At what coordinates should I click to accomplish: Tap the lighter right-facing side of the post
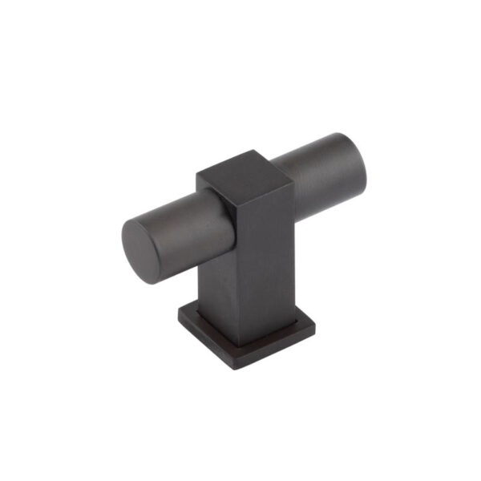point(261,249)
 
